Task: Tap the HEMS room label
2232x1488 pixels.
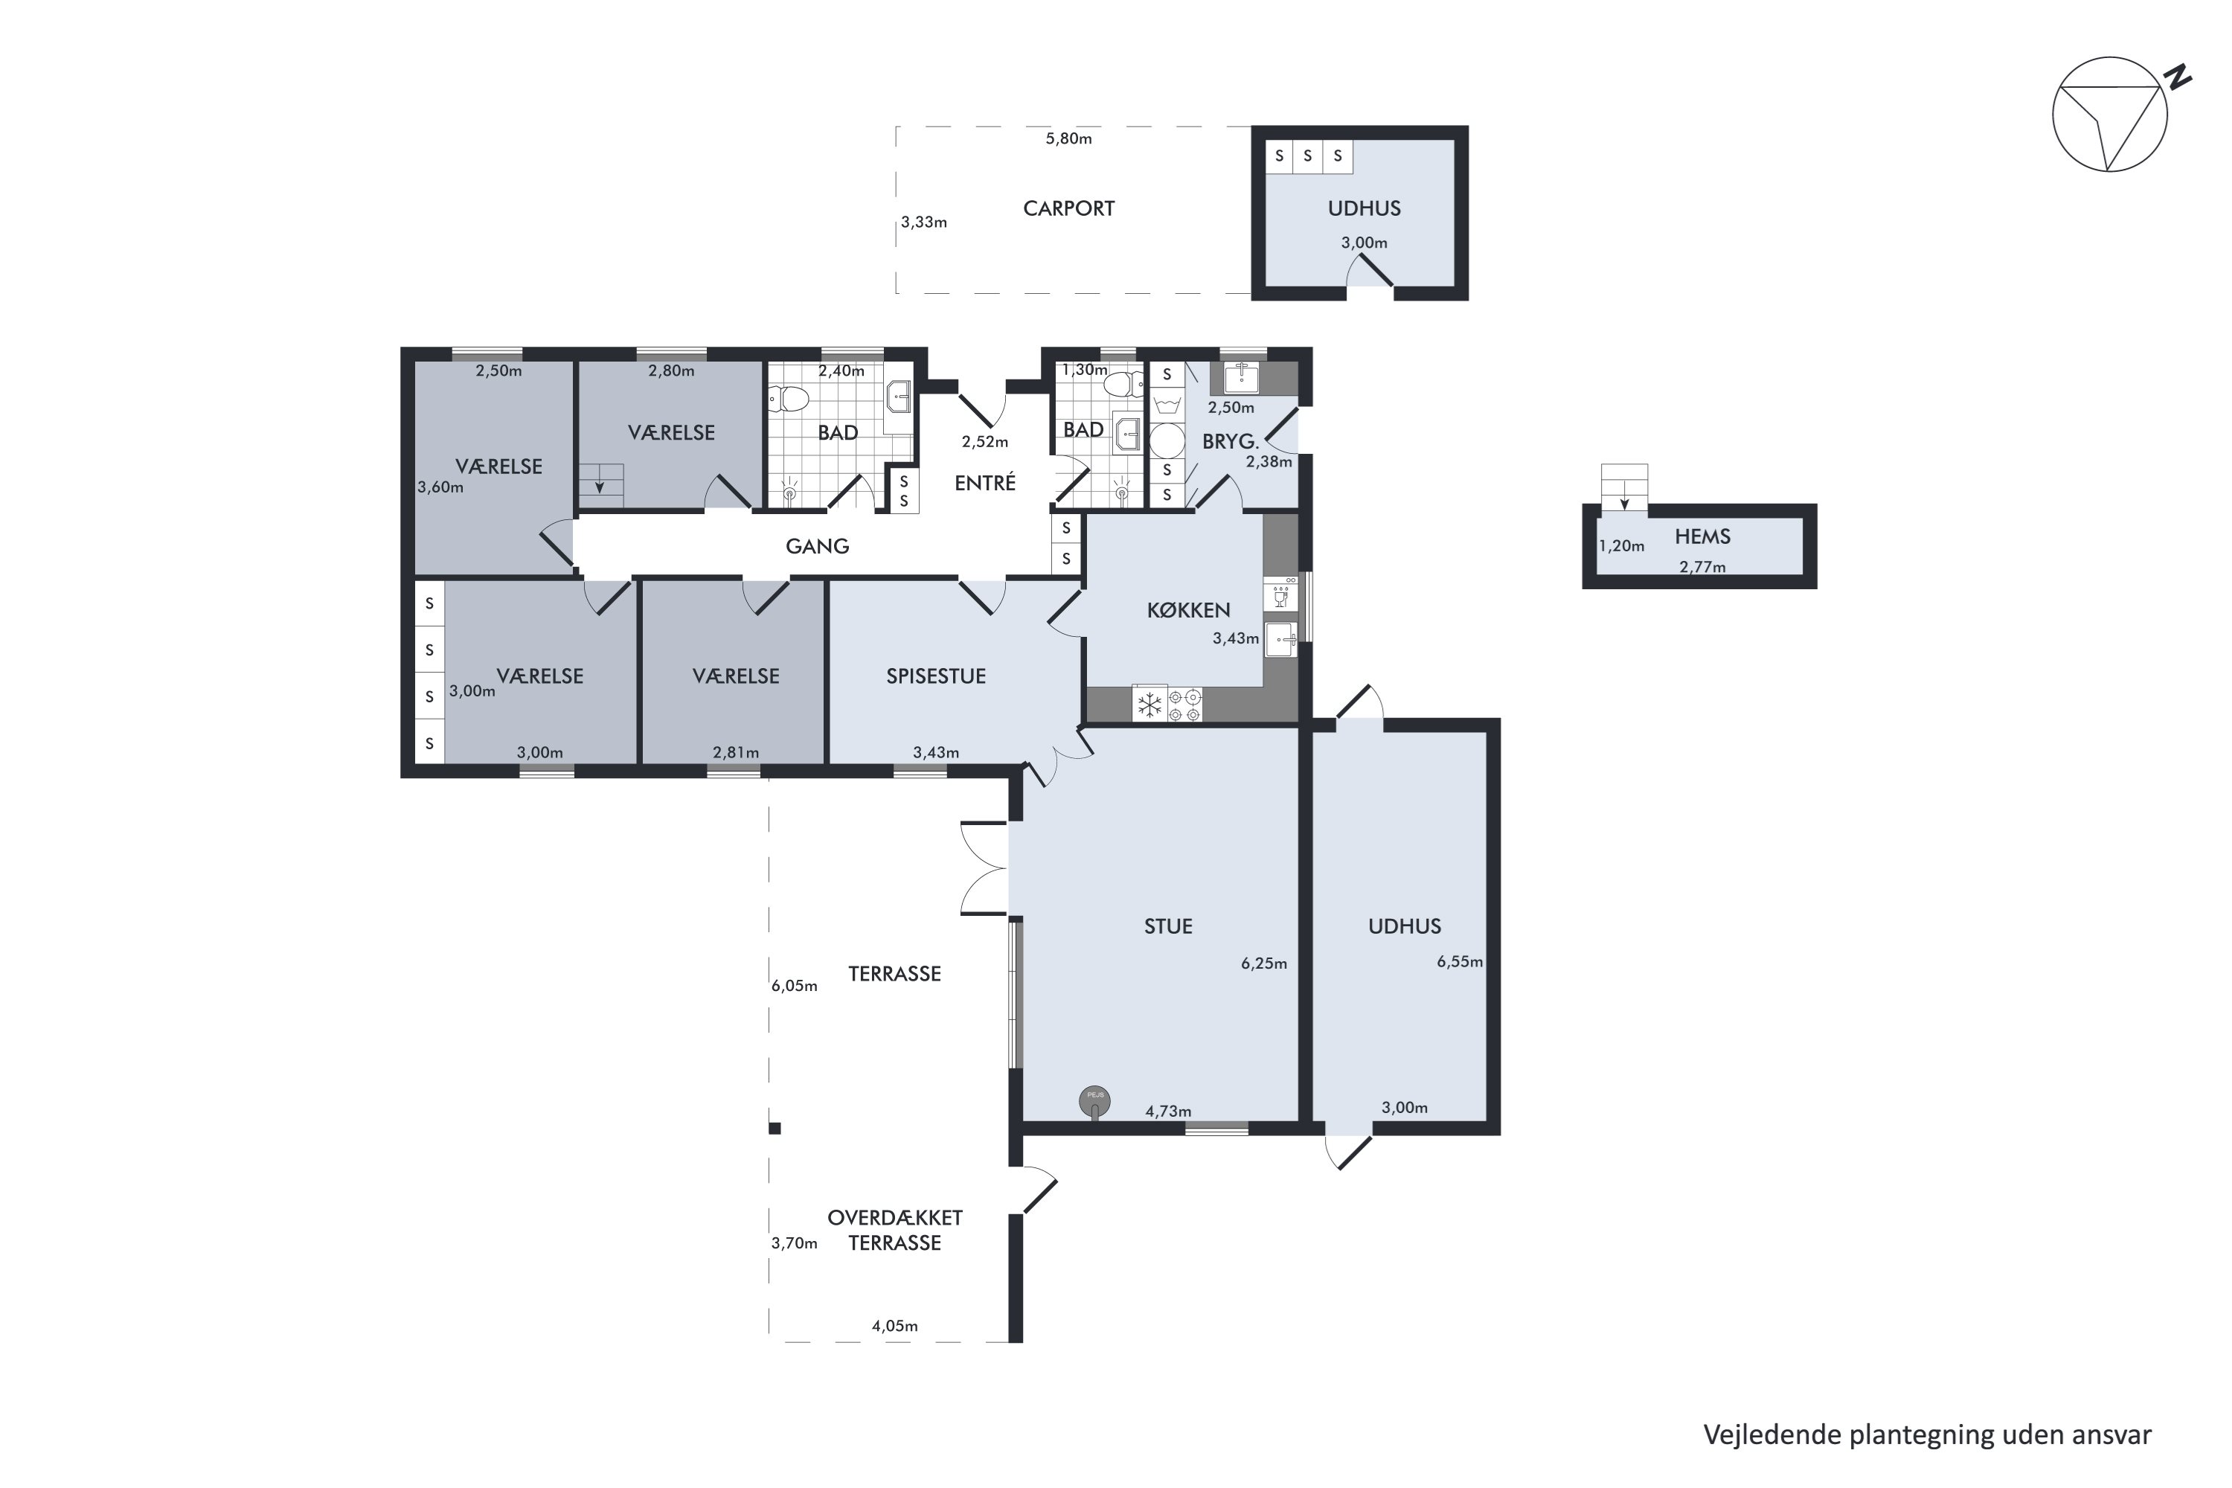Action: pos(1702,537)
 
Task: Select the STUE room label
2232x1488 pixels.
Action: pos(1168,926)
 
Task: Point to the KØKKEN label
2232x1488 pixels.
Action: pos(1188,610)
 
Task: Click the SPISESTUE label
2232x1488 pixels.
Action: pos(936,676)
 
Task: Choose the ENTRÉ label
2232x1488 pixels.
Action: pos(985,482)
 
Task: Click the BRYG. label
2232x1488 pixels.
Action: pos(1230,442)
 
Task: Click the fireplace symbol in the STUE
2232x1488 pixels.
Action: pos(1095,1101)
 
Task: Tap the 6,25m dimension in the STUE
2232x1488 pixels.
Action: pos(1264,964)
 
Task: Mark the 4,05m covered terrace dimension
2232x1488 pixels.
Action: pos(895,1327)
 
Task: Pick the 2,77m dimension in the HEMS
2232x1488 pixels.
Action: pos(1702,568)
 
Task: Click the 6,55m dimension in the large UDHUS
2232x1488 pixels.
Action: pos(1460,962)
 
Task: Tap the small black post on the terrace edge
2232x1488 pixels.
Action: pos(775,1129)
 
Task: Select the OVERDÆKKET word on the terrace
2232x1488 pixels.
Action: pos(895,1217)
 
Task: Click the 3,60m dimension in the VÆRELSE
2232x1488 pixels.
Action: pos(440,489)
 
